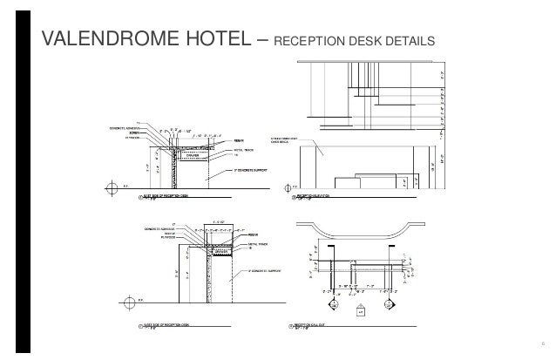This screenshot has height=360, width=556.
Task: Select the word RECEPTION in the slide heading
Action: coord(310,43)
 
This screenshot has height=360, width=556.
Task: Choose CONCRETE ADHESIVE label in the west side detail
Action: coord(151,229)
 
